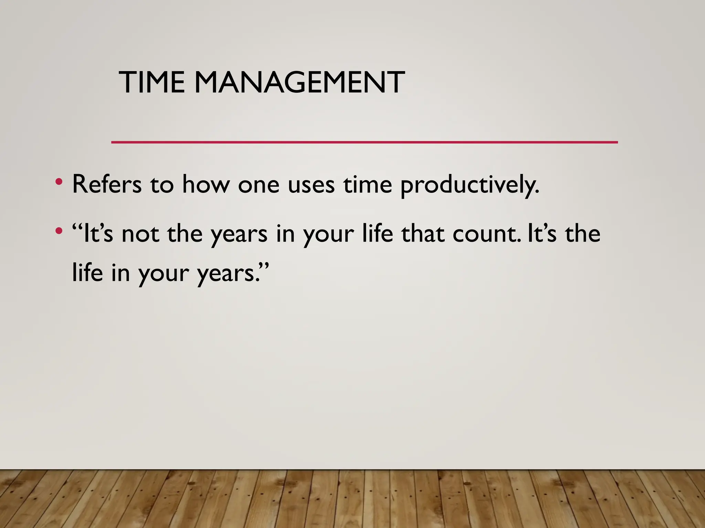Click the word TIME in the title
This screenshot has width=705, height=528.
click(151, 82)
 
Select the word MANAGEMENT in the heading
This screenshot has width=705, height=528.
click(299, 82)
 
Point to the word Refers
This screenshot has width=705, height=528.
click(107, 185)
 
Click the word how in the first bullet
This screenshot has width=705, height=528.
click(206, 185)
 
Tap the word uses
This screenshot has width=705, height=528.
click(311, 185)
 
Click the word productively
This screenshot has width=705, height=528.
click(470, 186)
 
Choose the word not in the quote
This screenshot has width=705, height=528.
click(140, 234)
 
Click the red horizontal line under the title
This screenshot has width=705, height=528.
click(364, 142)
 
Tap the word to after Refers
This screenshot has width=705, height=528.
click(162, 185)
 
